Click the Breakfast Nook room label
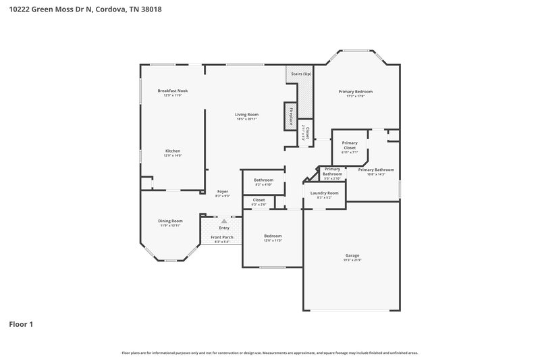click(173, 91)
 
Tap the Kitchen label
click(173, 151)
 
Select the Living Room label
click(246, 114)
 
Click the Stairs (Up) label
click(300, 73)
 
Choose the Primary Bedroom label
click(355, 91)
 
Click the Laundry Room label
click(324, 193)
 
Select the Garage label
click(352, 255)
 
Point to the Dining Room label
click(170, 221)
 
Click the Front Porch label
click(222, 238)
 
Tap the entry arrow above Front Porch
click(224, 220)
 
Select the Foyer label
click(223, 192)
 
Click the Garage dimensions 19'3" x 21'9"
click(352, 260)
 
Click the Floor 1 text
click(21, 324)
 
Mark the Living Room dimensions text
click(246, 119)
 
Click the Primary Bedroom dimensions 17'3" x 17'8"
click(355, 96)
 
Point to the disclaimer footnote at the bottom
click(269, 353)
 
